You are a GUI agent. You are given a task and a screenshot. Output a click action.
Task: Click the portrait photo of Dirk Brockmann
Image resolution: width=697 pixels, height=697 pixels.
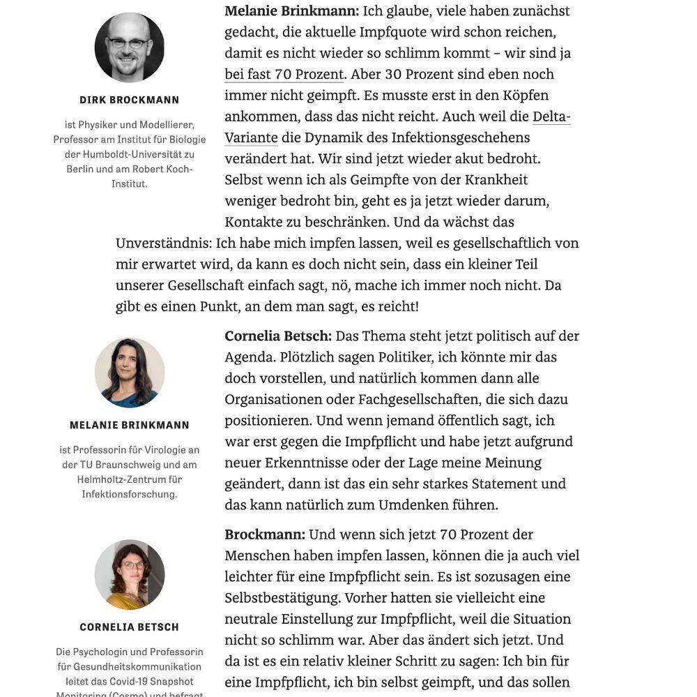(x=129, y=47)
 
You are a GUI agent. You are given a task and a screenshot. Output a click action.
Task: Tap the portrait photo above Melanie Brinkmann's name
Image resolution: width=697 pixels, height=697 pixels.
(x=129, y=373)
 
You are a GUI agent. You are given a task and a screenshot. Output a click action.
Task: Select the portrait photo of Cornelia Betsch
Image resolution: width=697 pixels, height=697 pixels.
(x=129, y=574)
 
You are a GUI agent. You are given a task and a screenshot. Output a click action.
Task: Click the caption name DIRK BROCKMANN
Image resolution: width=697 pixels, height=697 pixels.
(x=129, y=100)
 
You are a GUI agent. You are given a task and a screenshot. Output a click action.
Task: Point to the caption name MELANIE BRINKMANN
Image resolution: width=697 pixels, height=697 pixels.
(x=129, y=425)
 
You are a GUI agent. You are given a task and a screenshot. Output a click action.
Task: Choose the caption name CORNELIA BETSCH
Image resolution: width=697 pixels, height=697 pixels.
(x=129, y=627)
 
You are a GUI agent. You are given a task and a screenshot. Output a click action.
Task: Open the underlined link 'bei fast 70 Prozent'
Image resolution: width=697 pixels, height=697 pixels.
(x=284, y=74)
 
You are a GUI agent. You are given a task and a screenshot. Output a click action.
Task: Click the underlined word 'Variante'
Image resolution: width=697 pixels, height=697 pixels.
(x=251, y=137)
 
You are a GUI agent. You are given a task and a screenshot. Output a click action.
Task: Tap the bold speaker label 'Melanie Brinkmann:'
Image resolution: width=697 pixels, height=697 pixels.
(x=291, y=11)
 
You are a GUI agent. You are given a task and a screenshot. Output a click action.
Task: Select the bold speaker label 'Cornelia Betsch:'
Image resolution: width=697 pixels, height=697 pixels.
(x=278, y=336)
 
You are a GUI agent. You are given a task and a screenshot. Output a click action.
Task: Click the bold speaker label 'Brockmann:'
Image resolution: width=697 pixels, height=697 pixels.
(x=265, y=534)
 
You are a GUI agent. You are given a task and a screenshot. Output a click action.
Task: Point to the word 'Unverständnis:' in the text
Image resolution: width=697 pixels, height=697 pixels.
(x=164, y=243)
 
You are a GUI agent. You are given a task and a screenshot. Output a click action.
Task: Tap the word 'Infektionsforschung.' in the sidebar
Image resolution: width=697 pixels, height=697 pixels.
(x=129, y=494)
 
